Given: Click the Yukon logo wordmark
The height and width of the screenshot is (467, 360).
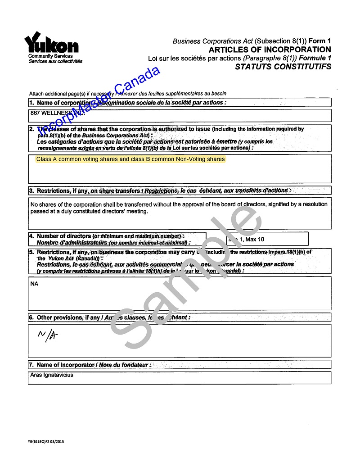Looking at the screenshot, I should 51,44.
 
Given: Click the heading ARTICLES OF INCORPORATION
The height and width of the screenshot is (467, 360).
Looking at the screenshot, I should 270,50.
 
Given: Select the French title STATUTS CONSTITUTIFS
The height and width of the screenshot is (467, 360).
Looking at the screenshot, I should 283,67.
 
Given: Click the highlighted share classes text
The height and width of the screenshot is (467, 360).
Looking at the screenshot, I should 130,159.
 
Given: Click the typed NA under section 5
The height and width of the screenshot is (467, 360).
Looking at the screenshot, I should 34,284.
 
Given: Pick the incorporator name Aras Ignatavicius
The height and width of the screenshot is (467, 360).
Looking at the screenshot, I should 51,375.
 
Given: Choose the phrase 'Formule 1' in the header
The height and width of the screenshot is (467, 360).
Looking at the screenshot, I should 315,58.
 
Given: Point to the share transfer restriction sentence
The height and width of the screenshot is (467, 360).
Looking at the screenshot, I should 179,208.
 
